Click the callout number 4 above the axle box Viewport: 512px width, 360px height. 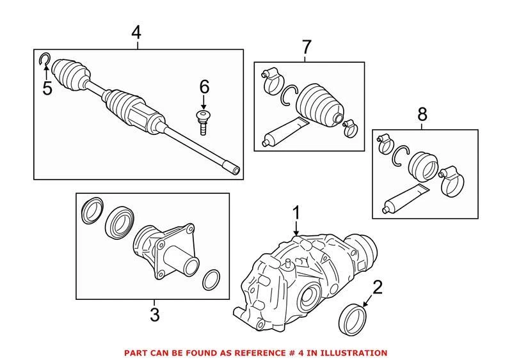pos(135,31)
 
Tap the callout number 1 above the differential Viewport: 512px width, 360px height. pos(296,211)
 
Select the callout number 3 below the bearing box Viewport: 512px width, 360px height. pos(154,314)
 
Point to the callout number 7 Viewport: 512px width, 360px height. pos(306,46)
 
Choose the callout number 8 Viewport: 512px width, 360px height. pos(422,115)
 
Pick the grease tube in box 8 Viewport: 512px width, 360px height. pos(406,199)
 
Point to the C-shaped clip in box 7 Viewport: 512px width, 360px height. pos(289,95)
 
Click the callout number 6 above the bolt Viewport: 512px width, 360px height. pos(204,86)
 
